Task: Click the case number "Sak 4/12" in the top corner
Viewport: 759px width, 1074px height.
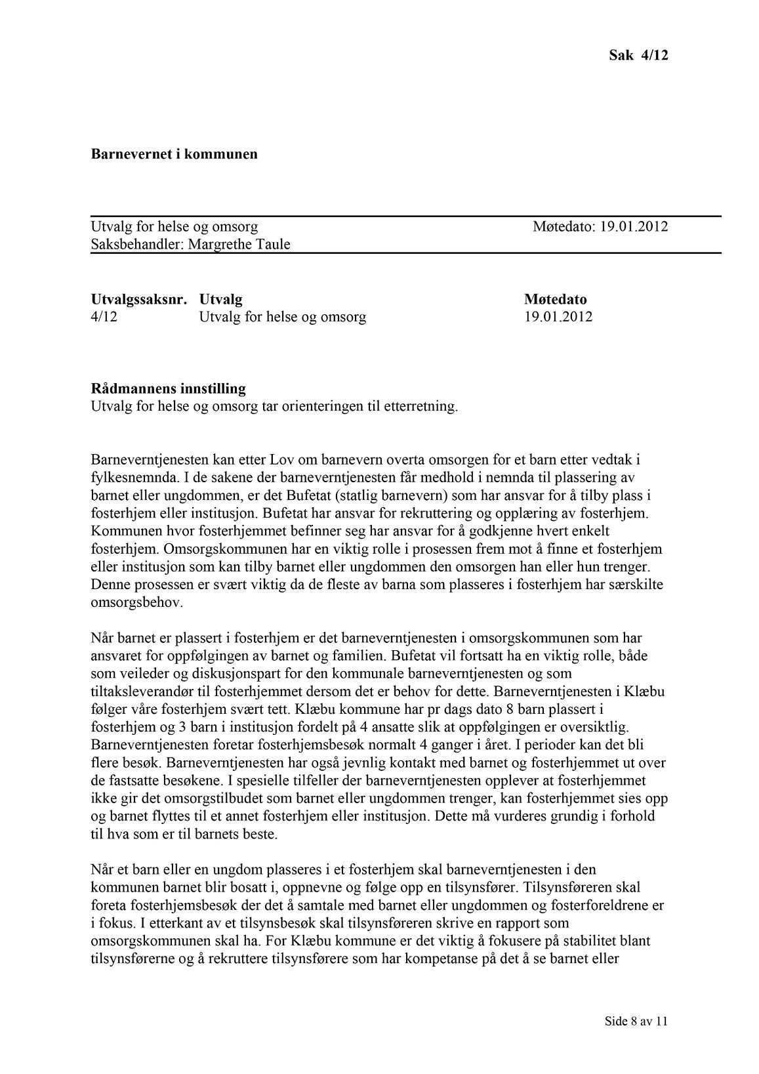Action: pos(638,55)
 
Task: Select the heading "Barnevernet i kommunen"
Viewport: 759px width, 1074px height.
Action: pos(174,155)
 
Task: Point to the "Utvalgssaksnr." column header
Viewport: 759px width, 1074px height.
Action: pos(139,300)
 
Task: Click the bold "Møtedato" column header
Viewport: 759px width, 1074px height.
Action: pos(556,300)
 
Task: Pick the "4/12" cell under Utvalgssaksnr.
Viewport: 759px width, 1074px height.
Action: pos(104,318)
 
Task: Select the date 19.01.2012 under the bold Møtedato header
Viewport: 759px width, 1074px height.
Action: pos(558,318)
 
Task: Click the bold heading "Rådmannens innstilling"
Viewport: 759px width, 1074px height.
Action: pos(168,389)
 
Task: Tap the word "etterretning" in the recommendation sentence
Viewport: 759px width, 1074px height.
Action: pos(421,407)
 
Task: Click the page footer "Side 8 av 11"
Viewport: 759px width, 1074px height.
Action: pos(636,1022)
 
